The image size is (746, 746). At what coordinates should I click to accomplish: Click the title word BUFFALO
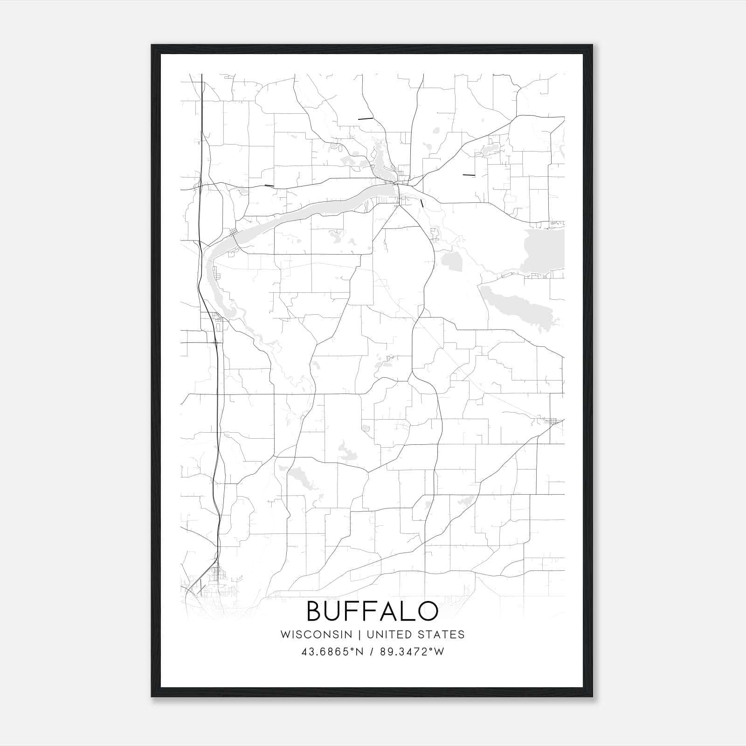[x=372, y=611]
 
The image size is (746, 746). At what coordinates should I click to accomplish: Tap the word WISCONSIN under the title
[x=316, y=635]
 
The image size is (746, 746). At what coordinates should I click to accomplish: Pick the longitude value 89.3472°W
[x=413, y=652]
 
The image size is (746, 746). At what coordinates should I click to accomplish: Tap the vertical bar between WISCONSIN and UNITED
[x=359, y=635]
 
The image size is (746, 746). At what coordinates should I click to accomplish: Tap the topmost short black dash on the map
[x=366, y=119]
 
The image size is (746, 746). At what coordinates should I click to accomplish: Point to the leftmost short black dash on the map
[x=269, y=186]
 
